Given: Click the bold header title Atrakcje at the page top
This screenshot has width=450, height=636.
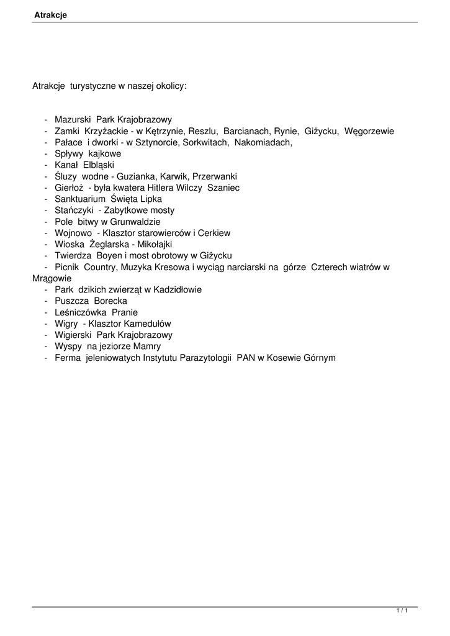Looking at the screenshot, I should click(50, 16).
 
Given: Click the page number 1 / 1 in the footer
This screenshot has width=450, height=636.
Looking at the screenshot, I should click(402, 612).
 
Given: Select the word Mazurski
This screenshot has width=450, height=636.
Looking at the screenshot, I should click(73, 120).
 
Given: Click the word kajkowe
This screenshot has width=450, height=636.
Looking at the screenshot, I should click(105, 153).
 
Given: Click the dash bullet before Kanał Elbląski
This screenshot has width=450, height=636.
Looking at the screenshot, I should click(46, 165).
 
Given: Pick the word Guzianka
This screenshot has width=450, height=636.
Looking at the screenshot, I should click(146, 176).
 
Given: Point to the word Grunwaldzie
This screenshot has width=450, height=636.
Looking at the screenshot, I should click(135, 222).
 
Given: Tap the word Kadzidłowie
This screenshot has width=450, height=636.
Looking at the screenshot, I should click(177, 289).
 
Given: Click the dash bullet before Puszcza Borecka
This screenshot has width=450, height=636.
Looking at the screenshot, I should click(46, 301).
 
